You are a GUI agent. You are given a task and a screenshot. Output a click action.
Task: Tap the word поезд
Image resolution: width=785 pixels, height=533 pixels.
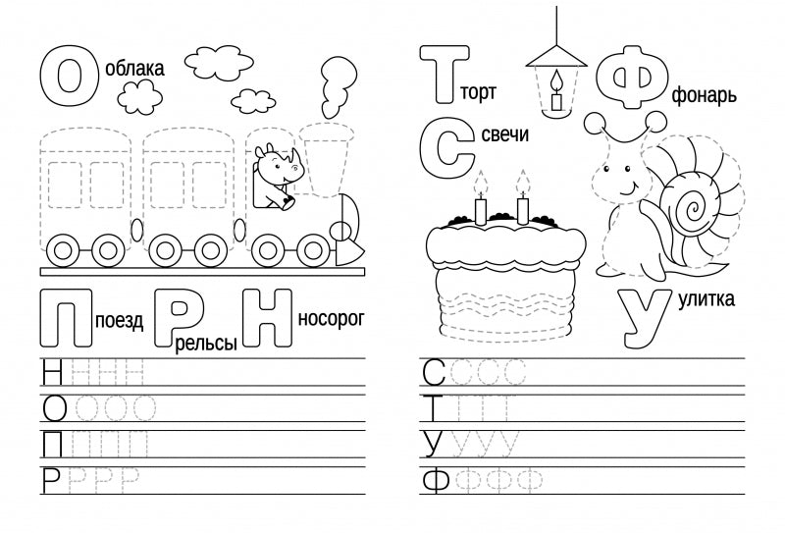coord(122,318)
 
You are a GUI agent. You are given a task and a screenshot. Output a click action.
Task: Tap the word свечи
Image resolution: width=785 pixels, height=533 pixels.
coord(505,135)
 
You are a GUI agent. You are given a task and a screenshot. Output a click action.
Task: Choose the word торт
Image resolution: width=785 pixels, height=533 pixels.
coord(479,93)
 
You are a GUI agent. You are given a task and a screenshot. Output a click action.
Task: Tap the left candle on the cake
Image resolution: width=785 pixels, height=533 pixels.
coord(481,206)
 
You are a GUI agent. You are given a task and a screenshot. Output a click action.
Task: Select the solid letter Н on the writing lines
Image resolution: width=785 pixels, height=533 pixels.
coord(54,373)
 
